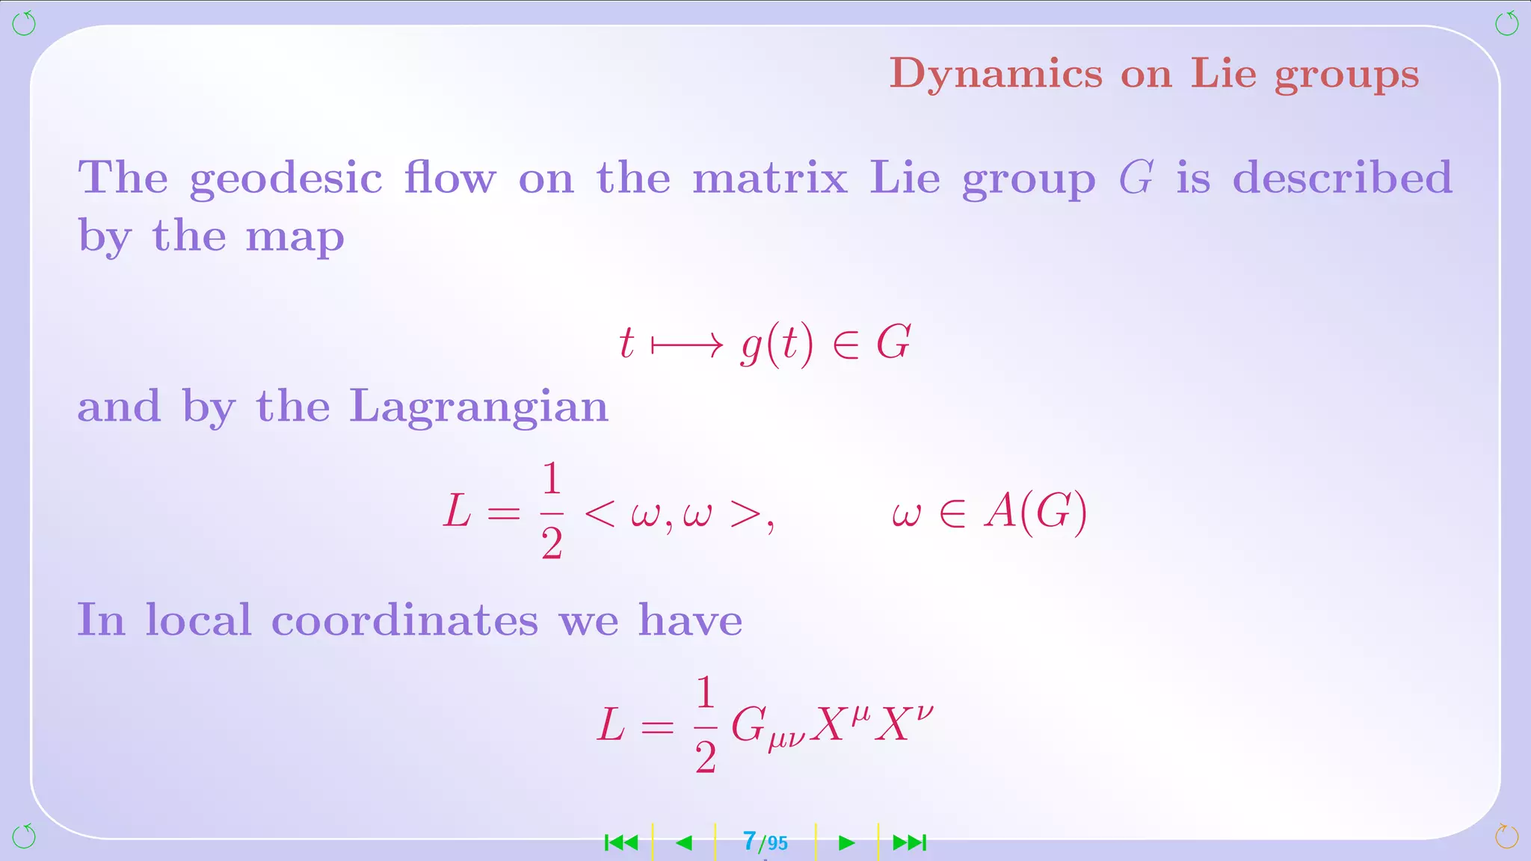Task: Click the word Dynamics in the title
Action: (995, 75)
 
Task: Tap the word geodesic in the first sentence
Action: (286, 179)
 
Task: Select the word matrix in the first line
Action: (770, 178)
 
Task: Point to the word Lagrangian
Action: (478, 408)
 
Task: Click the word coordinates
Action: (404, 620)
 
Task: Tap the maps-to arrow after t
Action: (687, 345)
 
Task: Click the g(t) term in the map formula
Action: (777, 346)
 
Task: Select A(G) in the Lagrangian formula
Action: (1035, 513)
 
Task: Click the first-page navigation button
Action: (621, 843)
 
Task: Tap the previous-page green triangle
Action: (683, 843)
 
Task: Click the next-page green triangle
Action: (846, 843)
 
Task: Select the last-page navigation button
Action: (910, 843)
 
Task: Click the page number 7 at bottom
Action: (750, 842)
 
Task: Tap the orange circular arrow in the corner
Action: (1506, 836)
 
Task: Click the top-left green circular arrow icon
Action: (24, 24)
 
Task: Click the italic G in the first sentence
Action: (1136, 178)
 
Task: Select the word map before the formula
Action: (295, 238)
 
